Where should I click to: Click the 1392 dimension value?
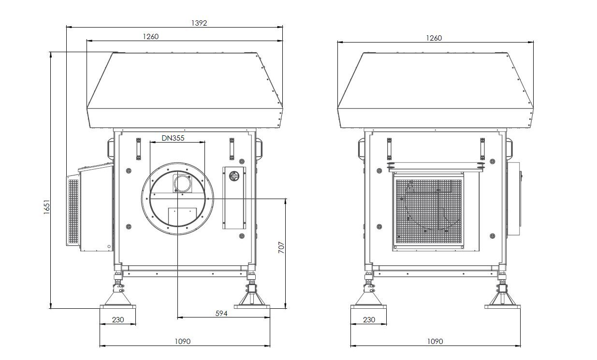199,23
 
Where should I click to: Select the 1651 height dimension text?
46,207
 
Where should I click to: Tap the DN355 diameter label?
173,138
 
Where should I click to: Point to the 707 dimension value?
281,247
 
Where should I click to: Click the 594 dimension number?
221,314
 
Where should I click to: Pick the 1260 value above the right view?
434,38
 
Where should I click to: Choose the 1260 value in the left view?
151,37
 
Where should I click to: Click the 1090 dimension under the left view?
183,341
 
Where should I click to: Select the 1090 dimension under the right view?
435,341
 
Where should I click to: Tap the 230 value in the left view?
118,319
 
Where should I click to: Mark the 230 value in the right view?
369,319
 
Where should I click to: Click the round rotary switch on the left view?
234,176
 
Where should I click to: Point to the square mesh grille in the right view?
429,212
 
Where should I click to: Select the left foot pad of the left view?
117,307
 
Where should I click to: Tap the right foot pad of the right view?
502,307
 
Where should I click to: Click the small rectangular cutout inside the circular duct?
182,216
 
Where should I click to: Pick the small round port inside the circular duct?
182,184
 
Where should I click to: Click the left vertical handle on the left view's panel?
138,149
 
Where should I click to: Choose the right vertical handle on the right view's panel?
482,149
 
